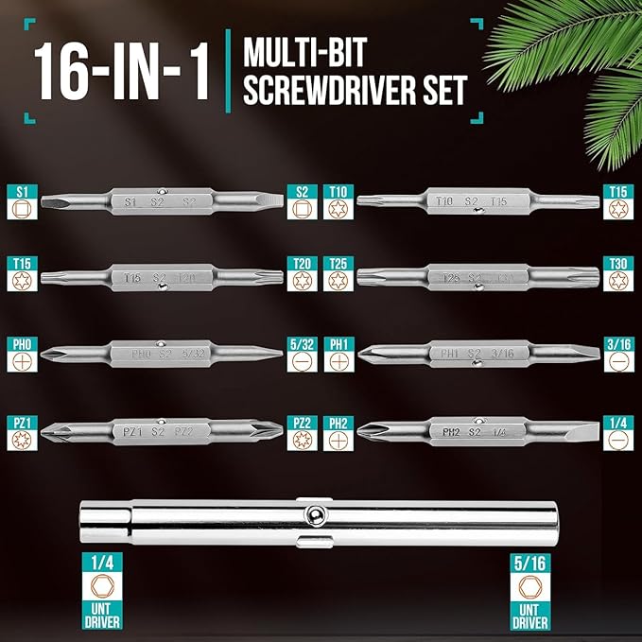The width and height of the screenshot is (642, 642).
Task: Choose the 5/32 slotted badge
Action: (302, 351)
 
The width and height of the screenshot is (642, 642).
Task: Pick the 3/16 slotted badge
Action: (618, 351)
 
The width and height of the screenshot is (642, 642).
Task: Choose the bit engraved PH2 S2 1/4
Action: (477, 431)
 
